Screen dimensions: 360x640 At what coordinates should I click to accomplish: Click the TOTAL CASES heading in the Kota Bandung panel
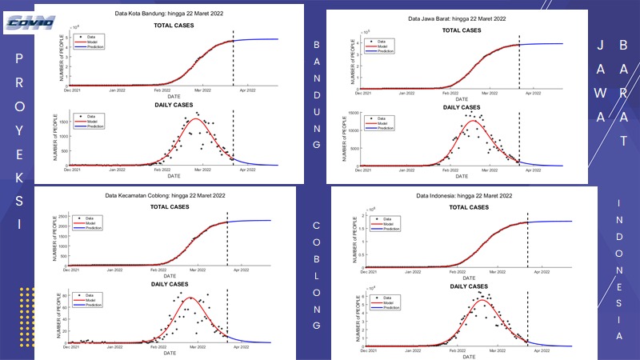point(173,26)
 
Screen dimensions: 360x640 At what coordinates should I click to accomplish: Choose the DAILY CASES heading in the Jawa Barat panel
point(462,106)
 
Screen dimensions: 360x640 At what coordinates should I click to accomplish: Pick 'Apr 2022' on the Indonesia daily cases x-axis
point(541,351)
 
